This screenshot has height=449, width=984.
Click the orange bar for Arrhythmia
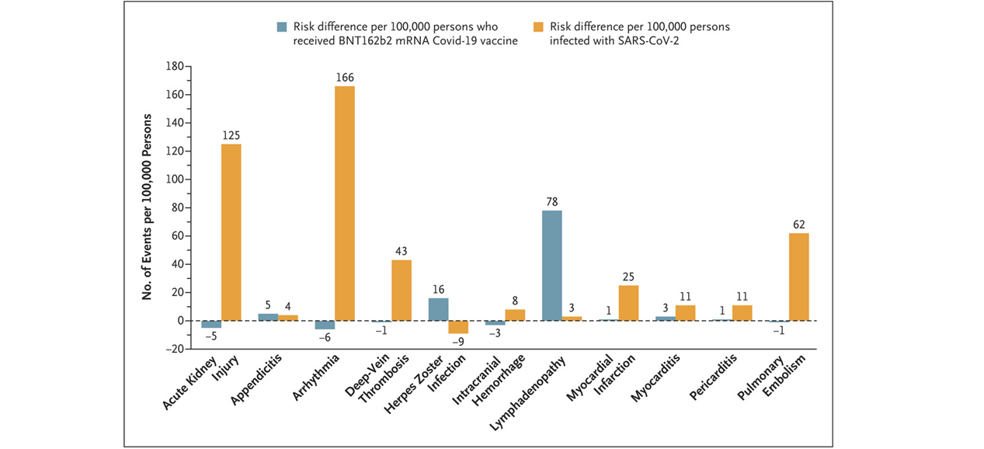tap(344, 204)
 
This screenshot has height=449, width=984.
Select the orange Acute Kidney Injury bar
tap(231, 232)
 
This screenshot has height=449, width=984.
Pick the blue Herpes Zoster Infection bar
tap(438, 309)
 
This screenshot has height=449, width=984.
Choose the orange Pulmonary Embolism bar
tap(798, 277)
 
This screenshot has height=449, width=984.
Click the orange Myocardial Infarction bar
tap(628, 303)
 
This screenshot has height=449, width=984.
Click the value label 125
tap(231, 135)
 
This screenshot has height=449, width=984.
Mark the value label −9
tap(458, 342)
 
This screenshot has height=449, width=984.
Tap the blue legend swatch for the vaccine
tap(283, 26)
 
